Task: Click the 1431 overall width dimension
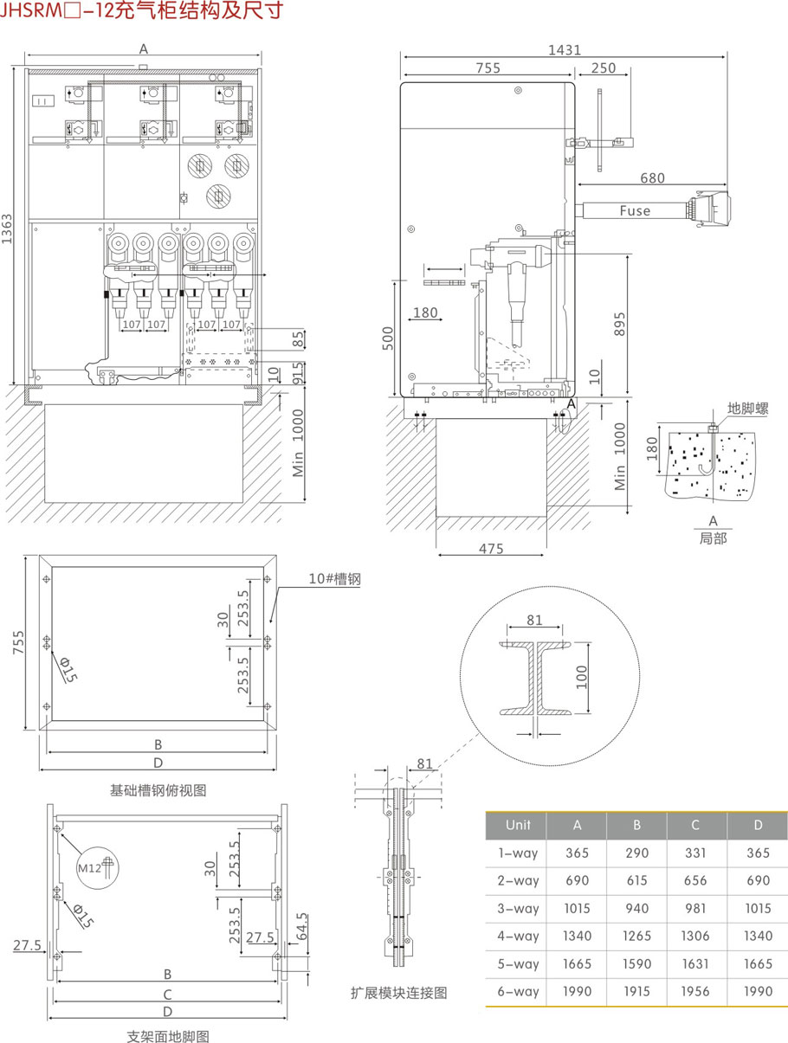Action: point(564,50)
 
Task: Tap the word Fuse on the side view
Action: point(635,210)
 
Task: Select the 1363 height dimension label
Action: point(7,229)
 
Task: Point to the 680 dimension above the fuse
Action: point(652,177)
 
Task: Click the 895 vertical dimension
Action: point(619,324)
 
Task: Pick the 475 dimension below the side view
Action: point(491,549)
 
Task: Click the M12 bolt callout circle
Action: point(98,867)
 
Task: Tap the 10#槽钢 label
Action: point(334,578)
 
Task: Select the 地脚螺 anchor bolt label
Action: point(747,409)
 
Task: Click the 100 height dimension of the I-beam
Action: point(582,677)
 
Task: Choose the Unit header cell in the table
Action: point(518,824)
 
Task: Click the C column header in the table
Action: point(694,824)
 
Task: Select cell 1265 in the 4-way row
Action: point(636,936)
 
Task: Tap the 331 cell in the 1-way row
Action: point(694,853)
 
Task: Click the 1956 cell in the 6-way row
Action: point(694,991)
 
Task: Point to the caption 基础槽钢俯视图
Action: point(158,790)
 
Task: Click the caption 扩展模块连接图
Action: point(398,993)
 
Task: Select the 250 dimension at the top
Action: point(603,68)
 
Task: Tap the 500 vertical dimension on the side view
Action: point(388,338)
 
